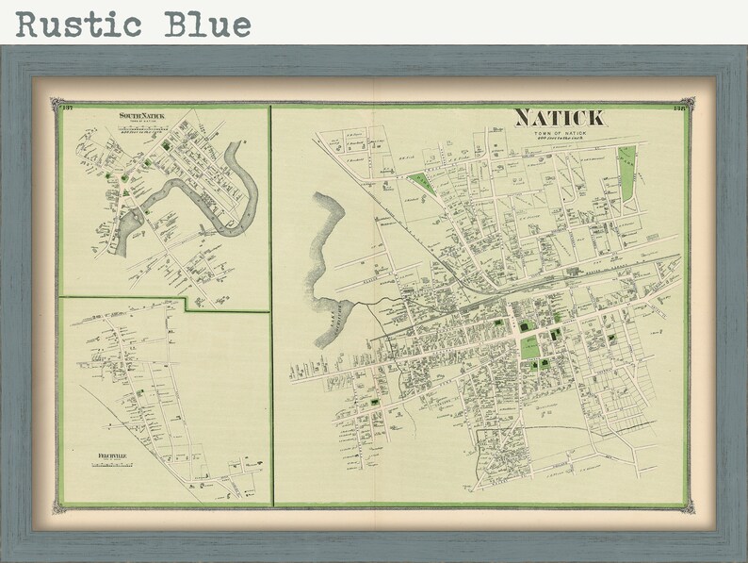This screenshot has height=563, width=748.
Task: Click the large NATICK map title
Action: pos(560,118)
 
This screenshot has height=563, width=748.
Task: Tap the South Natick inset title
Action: pos(140,116)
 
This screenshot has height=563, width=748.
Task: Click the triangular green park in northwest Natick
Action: pos(425,181)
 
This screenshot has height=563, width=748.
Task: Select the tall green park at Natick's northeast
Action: pos(626,174)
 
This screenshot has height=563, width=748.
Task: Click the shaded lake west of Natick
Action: pos(325,264)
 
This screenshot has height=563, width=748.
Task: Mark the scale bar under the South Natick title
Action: pos(140,130)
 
